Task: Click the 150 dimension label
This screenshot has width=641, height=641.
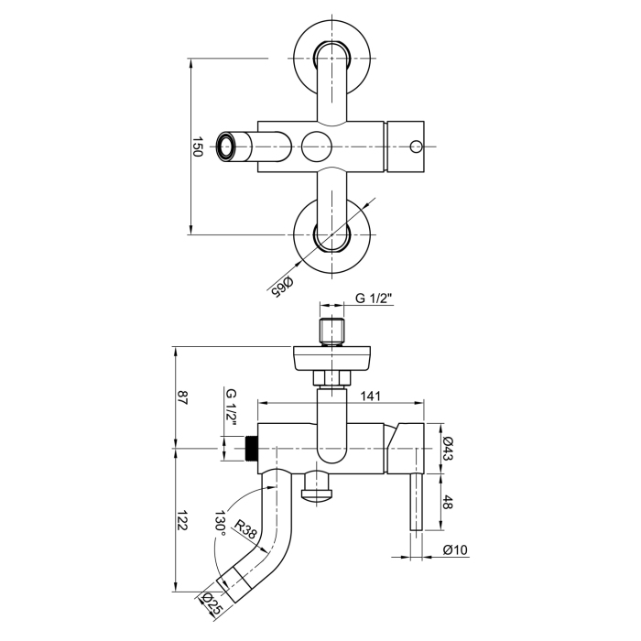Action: click(197, 147)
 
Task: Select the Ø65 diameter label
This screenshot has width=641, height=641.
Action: click(281, 286)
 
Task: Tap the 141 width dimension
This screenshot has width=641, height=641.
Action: click(370, 396)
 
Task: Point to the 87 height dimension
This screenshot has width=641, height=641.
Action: click(182, 397)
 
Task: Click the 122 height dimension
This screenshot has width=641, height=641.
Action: click(182, 520)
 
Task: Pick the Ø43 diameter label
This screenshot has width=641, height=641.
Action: click(448, 449)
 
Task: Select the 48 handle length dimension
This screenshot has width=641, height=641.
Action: click(448, 502)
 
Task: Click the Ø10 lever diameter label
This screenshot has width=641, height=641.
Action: click(455, 549)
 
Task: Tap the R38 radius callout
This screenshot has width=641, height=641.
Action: click(245, 529)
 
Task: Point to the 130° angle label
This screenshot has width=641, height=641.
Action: click(222, 524)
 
